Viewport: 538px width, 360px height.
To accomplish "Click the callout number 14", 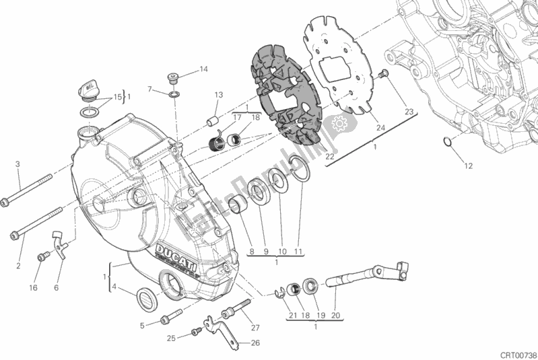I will (x=203, y=69).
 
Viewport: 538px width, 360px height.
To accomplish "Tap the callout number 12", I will (x=469, y=166).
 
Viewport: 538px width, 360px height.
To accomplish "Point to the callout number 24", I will (x=380, y=128).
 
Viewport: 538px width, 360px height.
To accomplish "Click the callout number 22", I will (x=330, y=156).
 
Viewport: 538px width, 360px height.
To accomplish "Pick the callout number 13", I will (x=219, y=94).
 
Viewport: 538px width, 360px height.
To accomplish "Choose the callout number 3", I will (x=18, y=164).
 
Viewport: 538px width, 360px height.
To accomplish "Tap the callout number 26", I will (x=255, y=343).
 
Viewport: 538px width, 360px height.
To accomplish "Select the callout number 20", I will (x=337, y=316).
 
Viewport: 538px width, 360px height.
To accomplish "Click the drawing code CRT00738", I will (x=517, y=353).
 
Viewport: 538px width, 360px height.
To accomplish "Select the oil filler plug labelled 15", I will (x=86, y=87).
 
